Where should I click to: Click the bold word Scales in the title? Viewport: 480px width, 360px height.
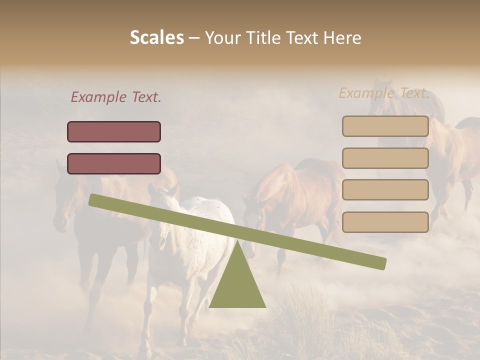point(156,37)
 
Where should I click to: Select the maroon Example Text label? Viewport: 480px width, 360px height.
point(116,97)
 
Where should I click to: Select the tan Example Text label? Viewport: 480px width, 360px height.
point(384,93)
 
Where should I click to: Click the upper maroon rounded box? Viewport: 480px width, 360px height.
point(114,131)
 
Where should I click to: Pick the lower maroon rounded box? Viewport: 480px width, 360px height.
point(114,163)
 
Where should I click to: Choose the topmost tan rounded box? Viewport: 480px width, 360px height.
point(385,126)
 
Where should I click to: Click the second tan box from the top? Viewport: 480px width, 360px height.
point(385,158)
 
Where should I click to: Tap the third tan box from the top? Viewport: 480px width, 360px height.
point(385,189)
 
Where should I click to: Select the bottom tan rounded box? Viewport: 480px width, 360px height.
point(385,222)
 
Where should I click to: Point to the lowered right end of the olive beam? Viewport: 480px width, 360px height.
point(381,263)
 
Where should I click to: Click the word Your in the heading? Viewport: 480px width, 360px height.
point(222,38)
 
